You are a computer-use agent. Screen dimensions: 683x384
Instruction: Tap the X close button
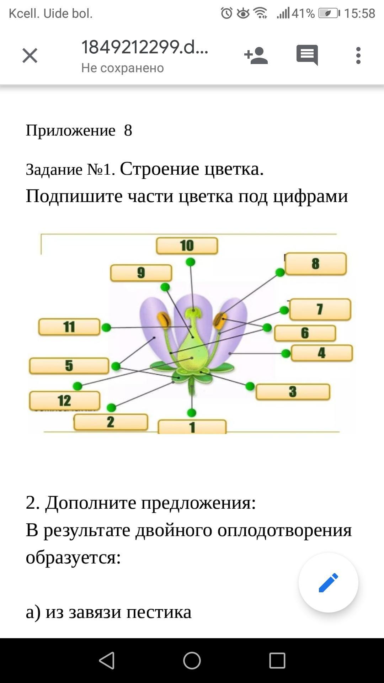[x=30, y=55]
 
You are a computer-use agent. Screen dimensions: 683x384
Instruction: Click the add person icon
[x=256, y=55]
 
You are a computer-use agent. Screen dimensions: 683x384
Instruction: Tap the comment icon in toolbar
[x=307, y=55]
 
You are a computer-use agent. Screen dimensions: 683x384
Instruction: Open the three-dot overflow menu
[x=358, y=55]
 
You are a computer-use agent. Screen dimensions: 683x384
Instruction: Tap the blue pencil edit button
[x=328, y=583]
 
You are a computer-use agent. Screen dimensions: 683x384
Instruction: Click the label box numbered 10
[x=187, y=246]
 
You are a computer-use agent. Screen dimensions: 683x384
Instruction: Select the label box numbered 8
[x=315, y=264]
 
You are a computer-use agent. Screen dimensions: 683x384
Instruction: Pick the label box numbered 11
[x=69, y=327]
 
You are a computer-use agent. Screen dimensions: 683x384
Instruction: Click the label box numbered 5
[x=69, y=366]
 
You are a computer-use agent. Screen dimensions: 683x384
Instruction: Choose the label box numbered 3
[x=293, y=392]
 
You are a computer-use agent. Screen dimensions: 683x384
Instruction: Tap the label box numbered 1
[x=192, y=427]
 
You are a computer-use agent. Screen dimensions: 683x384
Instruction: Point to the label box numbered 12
[x=64, y=401]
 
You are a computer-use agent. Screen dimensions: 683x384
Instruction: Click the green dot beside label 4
[x=286, y=354]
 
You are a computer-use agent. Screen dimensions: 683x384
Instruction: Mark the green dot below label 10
[x=191, y=262]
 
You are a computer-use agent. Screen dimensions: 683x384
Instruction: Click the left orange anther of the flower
[x=164, y=320]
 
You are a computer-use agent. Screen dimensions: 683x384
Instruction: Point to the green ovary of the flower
[x=192, y=356]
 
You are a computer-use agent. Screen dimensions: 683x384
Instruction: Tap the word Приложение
[x=70, y=131]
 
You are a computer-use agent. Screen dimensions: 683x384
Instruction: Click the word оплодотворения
[x=284, y=530]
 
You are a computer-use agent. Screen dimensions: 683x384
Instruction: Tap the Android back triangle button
[x=107, y=661]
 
